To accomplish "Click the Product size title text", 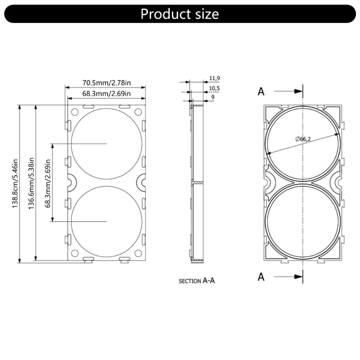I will pyautogui.click(x=180, y=13).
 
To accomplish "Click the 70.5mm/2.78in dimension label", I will pyautogui.click(x=106, y=83).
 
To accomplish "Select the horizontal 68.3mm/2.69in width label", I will pyautogui.click(x=106, y=94).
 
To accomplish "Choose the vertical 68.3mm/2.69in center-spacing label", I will pyautogui.click(x=48, y=184).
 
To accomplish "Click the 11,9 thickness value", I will pyautogui.click(x=215, y=78).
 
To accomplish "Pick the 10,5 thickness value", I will pyautogui.click(x=215, y=88).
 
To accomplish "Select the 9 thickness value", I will pyautogui.click(x=212, y=97).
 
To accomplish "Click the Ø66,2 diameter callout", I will pyautogui.click(x=303, y=139).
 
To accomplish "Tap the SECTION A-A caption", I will pyautogui.click(x=197, y=281).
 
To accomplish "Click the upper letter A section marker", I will pyautogui.click(x=261, y=91).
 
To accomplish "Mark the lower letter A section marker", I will pyautogui.click(x=261, y=277).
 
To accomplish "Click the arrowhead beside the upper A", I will pyautogui.click(x=298, y=91).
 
